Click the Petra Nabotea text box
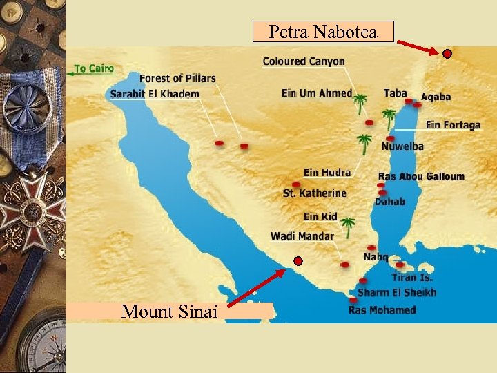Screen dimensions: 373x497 point(323,32)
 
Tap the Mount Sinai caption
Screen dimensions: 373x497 point(169,312)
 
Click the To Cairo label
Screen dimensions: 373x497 point(95,69)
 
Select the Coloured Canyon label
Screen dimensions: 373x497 point(303,61)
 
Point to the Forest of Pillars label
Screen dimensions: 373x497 point(177,79)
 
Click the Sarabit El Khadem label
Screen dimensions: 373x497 point(155,94)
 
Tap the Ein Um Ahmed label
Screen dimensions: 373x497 point(317,93)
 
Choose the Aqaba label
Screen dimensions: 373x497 point(436,97)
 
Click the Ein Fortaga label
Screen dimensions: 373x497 point(453,125)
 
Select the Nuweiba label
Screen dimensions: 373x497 point(402,146)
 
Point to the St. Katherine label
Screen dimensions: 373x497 point(314,193)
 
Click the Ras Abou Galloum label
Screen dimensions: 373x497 point(421,177)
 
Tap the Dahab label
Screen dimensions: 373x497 point(390,202)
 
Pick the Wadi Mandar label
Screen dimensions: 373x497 point(302,236)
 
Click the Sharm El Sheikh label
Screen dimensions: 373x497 point(397,293)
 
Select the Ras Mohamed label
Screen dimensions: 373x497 point(382,310)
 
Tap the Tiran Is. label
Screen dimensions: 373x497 point(412,278)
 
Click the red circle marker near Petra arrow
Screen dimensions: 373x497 point(447,54)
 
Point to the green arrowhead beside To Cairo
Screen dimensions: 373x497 point(70,69)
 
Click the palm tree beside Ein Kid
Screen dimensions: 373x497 point(349,224)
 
